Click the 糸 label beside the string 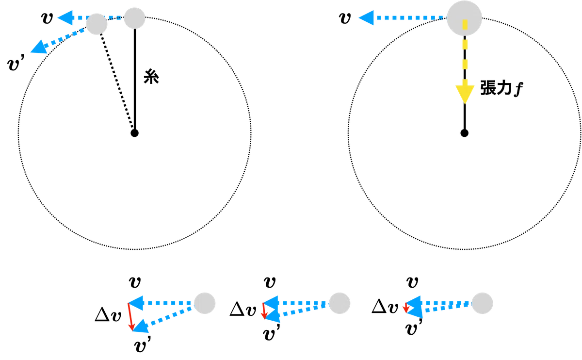(x=151, y=77)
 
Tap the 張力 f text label (x=501, y=88)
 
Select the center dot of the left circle (x=135, y=133)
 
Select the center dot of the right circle (x=464, y=133)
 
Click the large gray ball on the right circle (x=464, y=18)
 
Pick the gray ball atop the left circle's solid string (x=135, y=18)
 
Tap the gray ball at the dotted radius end (x=97, y=24)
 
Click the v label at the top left (x=47, y=18)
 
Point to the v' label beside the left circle (x=16, y=63)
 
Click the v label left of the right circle (x=345, y=18)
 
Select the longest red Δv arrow (x=130, y=317)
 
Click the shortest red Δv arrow (x=405, y=308)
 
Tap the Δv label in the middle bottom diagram (x=243, y=309)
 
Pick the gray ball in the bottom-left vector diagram (x=205, y=303)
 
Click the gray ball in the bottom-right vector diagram (x=482, y=303)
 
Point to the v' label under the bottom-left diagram (x=143, y=344)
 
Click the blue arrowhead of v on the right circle (x=366, y=18)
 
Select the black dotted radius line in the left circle (x=117, y=81)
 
